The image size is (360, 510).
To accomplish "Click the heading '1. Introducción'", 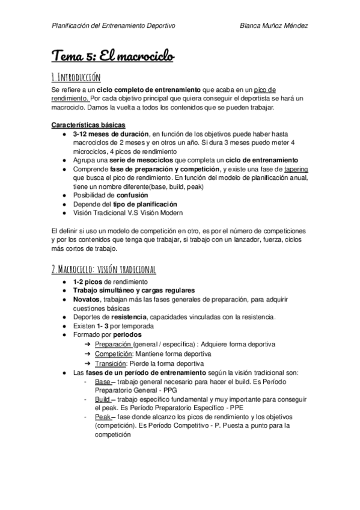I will [x=76, y=77].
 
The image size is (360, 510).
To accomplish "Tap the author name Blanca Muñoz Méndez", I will [x=273, y=25].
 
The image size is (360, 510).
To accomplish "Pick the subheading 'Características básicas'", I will [x=88, y=125].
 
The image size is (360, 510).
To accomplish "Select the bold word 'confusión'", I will [x=141, y=195].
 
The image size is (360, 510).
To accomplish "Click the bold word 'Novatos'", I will [x=87, y=299].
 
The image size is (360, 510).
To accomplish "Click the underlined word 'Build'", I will [x=102, y=399].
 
